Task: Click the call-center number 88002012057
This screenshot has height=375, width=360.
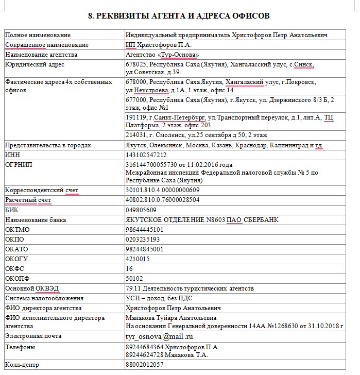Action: click(x=145, y=365)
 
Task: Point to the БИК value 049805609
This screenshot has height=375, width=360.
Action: click(x=141, y=210)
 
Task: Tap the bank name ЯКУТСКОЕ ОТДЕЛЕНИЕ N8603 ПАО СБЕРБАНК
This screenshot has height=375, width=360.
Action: click(x=202, y=220)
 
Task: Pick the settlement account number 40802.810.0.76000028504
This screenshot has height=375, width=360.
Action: click(x=162, y=200)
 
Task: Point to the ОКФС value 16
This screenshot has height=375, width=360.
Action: click(x=129, y=269)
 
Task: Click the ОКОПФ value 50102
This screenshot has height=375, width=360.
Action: click(x=135, y=279)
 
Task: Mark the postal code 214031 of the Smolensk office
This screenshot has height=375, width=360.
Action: click(x=136, y=135)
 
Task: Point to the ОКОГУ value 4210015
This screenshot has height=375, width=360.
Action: click(x=138, y=259)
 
